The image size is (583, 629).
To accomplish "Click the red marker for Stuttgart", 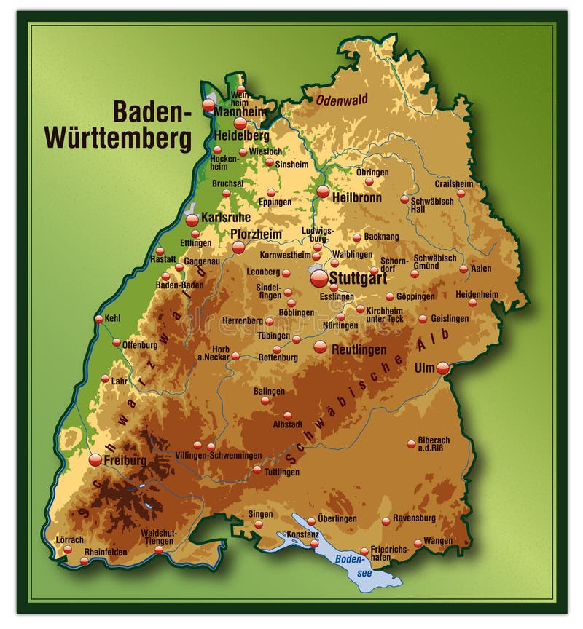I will (x=319, y=279).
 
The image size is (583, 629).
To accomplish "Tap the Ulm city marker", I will (x=442, y=368).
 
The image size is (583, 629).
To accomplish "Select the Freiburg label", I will (x=125, y=461).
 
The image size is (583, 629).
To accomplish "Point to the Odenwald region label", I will (x=342, y=100).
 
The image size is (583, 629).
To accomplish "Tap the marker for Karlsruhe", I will (x=192, y=220).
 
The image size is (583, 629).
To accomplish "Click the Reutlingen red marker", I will (x=321, y=347).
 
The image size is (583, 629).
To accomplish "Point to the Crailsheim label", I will (x=454, y=184).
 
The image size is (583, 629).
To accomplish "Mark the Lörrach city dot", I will (x=67, y=550).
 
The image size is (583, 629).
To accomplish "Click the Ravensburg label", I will (x=414, y=518).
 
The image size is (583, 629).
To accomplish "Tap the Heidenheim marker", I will (x=472, y=303).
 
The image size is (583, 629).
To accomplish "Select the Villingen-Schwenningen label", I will (x=218, y=455).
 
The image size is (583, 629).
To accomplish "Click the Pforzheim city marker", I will (x=238, y=248).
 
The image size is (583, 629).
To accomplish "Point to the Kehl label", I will (x=112, y=318).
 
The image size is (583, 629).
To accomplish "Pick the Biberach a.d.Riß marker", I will (x=411, y=443).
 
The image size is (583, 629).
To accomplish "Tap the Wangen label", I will (x=437, y=541).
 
